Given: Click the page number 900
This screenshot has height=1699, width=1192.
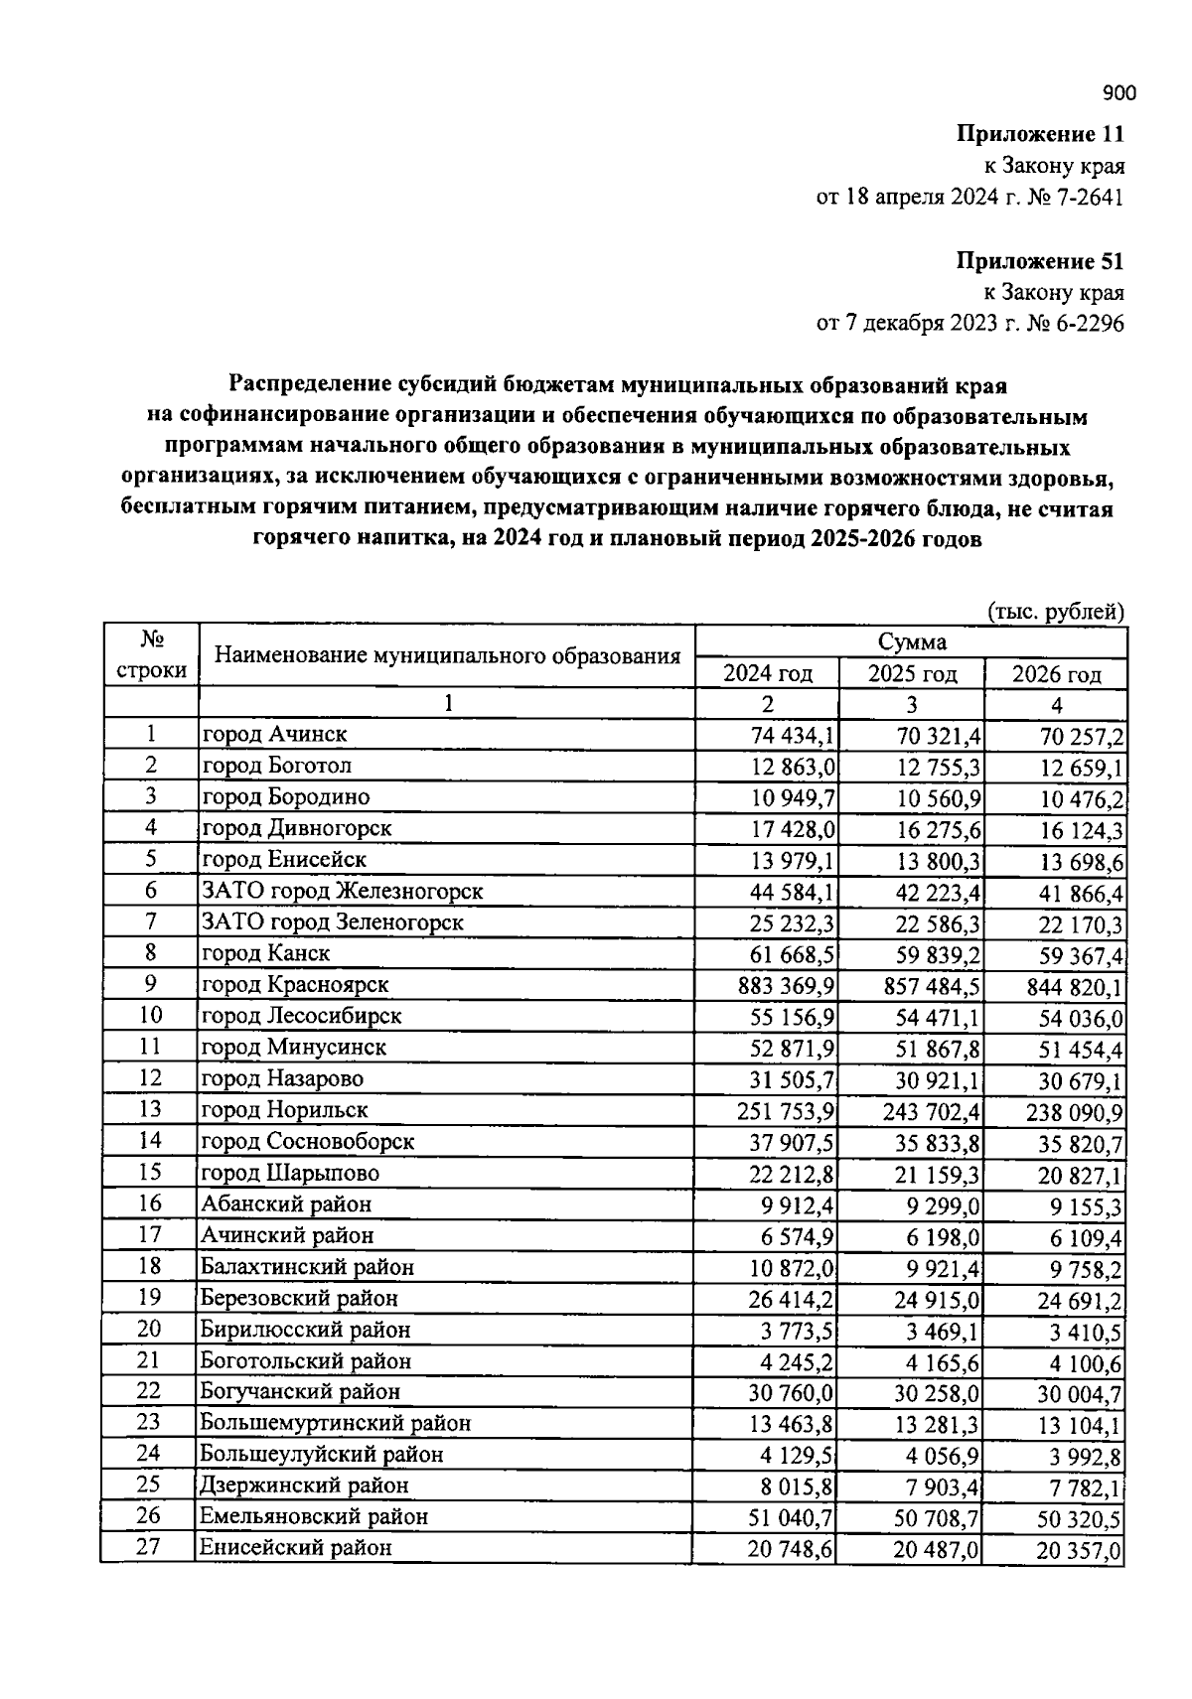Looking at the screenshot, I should pos(1118,93).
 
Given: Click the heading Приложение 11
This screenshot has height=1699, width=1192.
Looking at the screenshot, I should pos(1040,134).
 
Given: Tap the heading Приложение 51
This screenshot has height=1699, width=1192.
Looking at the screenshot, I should pos(1040,261).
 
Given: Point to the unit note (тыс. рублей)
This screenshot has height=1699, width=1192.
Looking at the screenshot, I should pos(1055,611).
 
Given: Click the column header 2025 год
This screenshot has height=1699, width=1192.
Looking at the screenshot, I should pos(912,674).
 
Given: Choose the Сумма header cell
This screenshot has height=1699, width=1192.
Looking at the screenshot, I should pos(911,641).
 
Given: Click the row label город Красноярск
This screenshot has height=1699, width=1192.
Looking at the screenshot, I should pos(295,984).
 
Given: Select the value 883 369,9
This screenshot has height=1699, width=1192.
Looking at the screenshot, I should pos(786,987).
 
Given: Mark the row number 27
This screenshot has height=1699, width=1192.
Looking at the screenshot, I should pos(148,1547).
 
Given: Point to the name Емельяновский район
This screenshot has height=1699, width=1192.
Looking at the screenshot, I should pos(314,1516).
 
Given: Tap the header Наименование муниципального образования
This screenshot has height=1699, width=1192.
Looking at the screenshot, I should pos(447,656).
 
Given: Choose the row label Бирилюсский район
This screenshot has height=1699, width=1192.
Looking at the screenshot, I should pos(305,1329).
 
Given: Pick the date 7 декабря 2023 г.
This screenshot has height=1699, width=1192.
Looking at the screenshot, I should pos(917,324).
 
